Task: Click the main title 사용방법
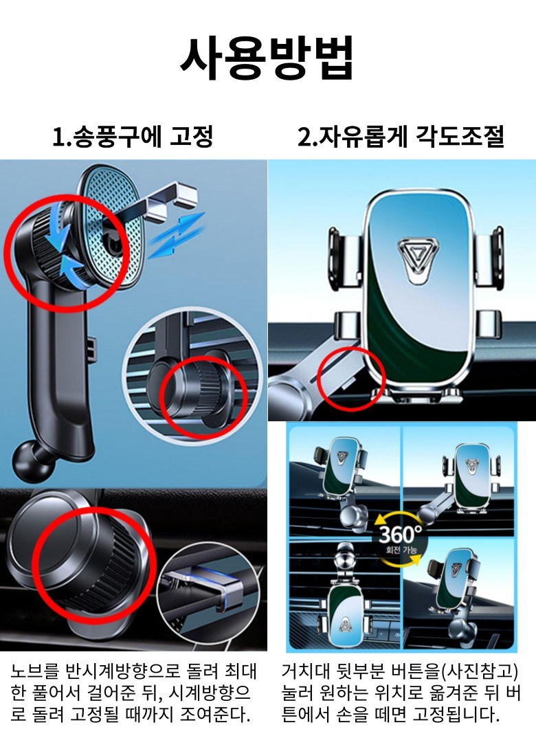point(267,58)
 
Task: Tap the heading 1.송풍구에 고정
point(133,137)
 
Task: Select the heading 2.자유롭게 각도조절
point(401,137)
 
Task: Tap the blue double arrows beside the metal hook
point(177,234)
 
